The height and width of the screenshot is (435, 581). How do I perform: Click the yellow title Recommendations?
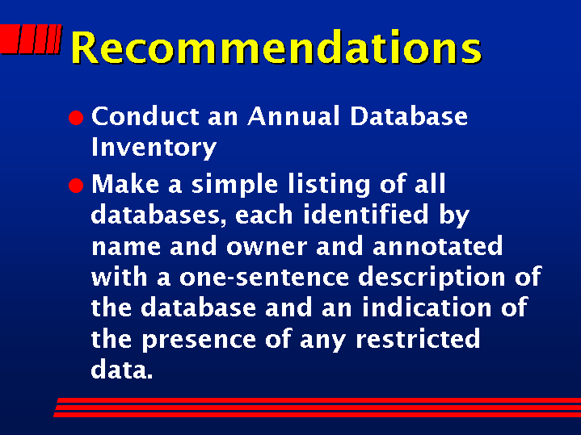[x=276, y=47]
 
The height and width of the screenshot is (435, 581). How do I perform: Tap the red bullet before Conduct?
[x=76, y=118]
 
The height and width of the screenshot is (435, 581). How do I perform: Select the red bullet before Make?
[x=76, y=185]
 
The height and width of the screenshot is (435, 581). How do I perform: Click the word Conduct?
[x=145, y=116]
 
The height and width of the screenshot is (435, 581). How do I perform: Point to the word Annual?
[x=293, y=116]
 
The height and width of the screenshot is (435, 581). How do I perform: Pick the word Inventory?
[x=154, y=148]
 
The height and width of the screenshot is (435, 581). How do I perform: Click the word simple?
[x=234, y=185]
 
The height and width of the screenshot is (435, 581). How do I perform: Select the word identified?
[x=366, y=215]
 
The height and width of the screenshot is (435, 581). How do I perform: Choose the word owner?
[x=267, y=247]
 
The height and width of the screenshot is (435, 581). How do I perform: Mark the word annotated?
[x=438, y=246]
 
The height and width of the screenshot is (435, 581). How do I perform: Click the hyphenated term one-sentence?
[x=264, y=278]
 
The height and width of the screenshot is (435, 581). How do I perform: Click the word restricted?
[x=418, y=339]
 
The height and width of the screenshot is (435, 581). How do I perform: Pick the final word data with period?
[x=122, y=369]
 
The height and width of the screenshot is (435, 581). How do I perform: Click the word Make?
[x=125, y=184]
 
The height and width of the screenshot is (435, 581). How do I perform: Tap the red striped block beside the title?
[x=31, y=40]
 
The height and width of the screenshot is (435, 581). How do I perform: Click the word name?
[x=126, y=247]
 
